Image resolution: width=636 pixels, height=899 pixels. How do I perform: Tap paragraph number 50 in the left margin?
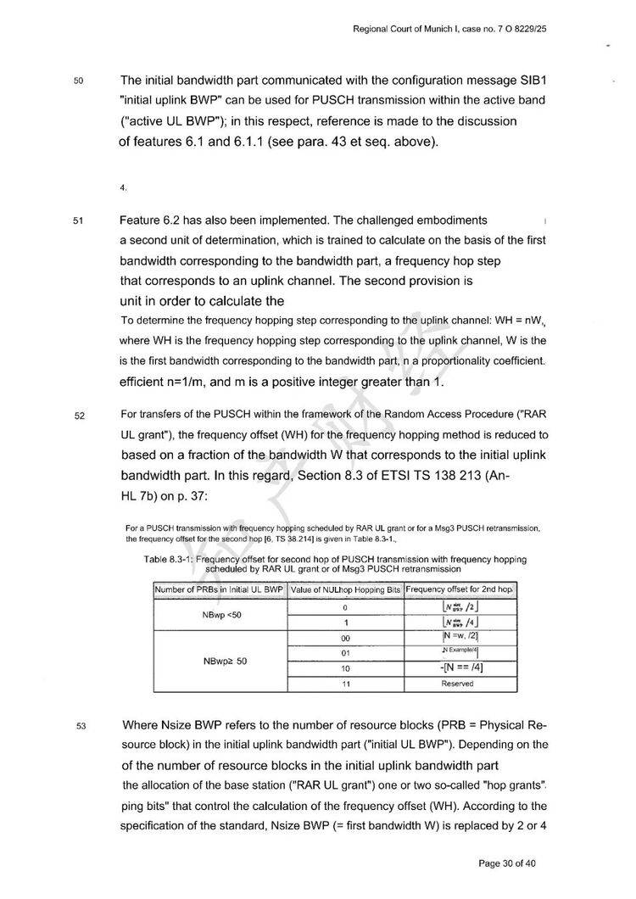(x=78, y=81)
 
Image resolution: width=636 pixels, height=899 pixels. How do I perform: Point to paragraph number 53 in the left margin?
(x=78, y=726)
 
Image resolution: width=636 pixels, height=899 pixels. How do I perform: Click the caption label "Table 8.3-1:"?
(x=169, y=560)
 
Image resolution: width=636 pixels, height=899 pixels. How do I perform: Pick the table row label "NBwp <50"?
(x=220, y=614)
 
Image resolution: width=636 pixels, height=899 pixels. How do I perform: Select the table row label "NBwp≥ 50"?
(x=220, y=661)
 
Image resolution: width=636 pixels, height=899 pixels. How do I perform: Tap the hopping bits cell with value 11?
(x=346, y=684)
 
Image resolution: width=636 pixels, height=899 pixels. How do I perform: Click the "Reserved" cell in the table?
(x=457, y=684)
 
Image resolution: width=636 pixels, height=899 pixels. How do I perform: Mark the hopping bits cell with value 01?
(x=346, y=652)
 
